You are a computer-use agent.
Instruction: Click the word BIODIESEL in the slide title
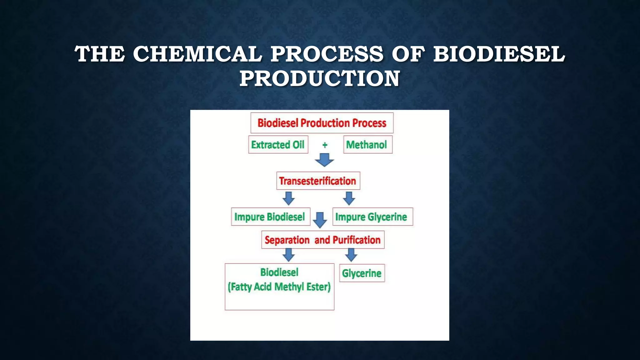click(x=499, y=54)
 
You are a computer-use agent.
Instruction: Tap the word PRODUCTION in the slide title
click(x=320, y=78)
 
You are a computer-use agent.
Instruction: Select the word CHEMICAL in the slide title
click(x=197, y=54)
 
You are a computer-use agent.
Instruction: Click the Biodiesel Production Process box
click(x=322, y=123)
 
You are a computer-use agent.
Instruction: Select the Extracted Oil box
click(x=278, y=145)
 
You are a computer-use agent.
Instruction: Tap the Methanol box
click(x=367, y=145)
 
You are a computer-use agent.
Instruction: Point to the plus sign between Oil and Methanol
click(x=325, y=145)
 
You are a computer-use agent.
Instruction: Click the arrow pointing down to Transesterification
click(x=324, y=160)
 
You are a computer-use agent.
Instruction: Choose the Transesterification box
click(x=318, y=181)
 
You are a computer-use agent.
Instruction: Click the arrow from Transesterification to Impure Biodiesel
click(x=288, y=198)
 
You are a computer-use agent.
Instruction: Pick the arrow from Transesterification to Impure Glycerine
click(x=349, y=198)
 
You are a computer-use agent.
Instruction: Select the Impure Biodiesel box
click(x=270, y=217)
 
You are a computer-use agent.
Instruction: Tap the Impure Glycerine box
click(x=372, y=217)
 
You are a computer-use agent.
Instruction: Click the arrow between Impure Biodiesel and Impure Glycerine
click(x=320, y=220)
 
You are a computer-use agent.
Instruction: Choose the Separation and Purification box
click(x=322, y=240)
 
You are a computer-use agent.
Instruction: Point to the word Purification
click(x=357, y=240)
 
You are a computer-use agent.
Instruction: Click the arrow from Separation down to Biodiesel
click(x=288, y=255)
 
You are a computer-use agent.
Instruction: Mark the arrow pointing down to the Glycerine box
click(x=351, y=255)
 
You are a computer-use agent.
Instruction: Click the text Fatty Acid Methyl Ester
click(x=279, y=287)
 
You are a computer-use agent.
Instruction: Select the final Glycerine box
click(x=362, y=273)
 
